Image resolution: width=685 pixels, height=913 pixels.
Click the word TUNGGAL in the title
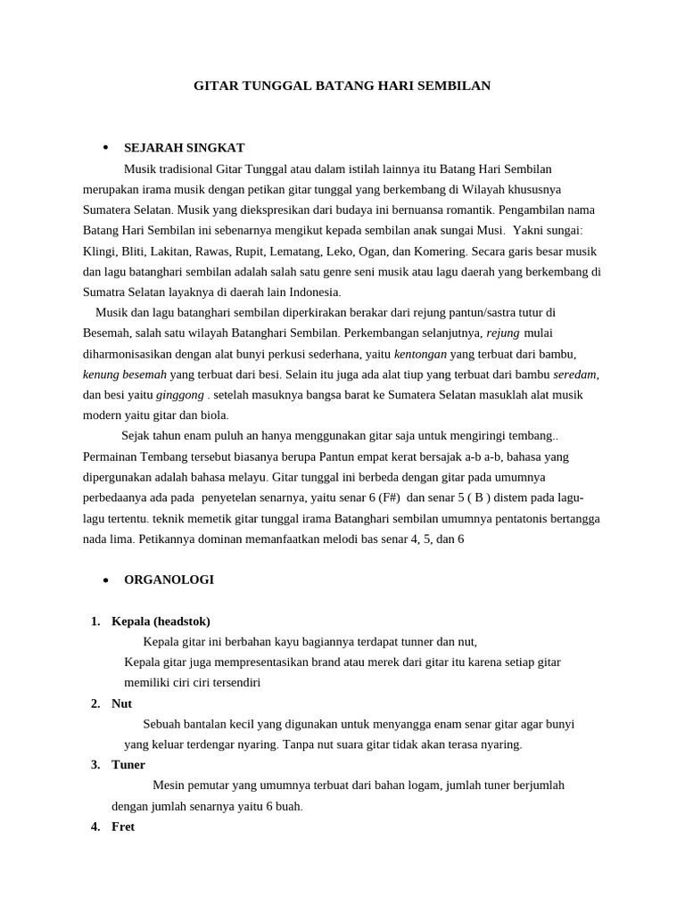tap(268, 86)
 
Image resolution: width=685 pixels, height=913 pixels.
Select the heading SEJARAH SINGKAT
tap(184, 148)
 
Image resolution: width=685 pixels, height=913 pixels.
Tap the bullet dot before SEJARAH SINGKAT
tap(105, 147)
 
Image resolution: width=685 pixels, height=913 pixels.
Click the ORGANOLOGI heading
tap(169, 580)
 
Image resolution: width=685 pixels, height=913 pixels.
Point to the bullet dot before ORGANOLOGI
tap(105, 580)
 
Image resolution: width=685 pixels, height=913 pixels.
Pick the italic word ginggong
tap(180, 395)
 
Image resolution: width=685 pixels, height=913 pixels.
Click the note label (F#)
tap(389, 498)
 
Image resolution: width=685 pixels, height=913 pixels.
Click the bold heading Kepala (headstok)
tap(161, 621)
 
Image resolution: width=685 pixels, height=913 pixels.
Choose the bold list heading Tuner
tap(128, 765)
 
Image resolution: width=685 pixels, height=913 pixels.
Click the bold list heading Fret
tap(123, 827)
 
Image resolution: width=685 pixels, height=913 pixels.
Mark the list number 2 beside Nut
tap(95, 704)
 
